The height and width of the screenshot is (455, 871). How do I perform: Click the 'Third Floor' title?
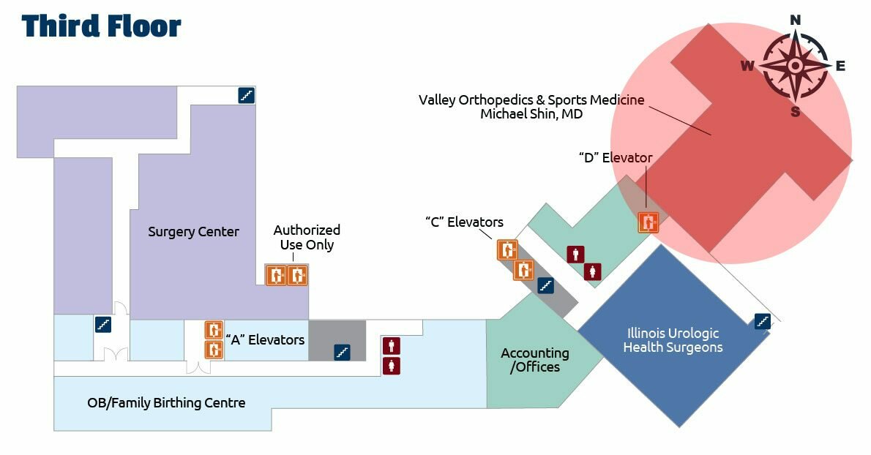[x=101, y=26]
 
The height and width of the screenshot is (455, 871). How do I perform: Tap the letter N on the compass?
[x=796, y=20]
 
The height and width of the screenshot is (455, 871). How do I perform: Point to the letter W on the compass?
[x=747, y=66]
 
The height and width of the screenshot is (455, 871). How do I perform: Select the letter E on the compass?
[x=840, y=66]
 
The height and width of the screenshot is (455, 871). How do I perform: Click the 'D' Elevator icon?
[x=648, y=222]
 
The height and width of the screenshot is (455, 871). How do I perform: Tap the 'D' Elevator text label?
[x=615, y=157]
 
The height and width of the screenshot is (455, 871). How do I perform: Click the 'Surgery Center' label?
[x=193, y=232]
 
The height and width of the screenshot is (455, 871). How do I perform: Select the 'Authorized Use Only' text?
[x=307, y=237]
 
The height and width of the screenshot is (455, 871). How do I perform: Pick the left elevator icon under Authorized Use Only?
[x=276, y=275]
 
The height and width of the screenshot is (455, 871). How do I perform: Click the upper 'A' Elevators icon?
[x=213, y=330]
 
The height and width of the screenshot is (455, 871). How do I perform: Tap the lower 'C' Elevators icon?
[x=523, y=269]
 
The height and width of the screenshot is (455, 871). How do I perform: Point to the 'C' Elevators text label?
[x=464, y=222]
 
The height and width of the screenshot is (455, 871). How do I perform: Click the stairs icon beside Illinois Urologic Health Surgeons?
[x=762, y=320]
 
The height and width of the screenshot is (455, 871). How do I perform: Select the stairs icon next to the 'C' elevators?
[x=545, y=286]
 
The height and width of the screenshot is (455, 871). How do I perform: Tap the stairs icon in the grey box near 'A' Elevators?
[x=341, y=353]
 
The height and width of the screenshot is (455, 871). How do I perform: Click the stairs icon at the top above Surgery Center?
[x=247, y=95]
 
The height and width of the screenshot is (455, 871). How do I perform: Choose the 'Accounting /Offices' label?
[x=535, y=360]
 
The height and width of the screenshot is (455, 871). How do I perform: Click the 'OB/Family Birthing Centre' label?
[x=166, y=403]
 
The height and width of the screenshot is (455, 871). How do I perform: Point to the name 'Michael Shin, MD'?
[x=531, y=114]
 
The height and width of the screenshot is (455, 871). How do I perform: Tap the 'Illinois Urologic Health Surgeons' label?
[x=673, y=340]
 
